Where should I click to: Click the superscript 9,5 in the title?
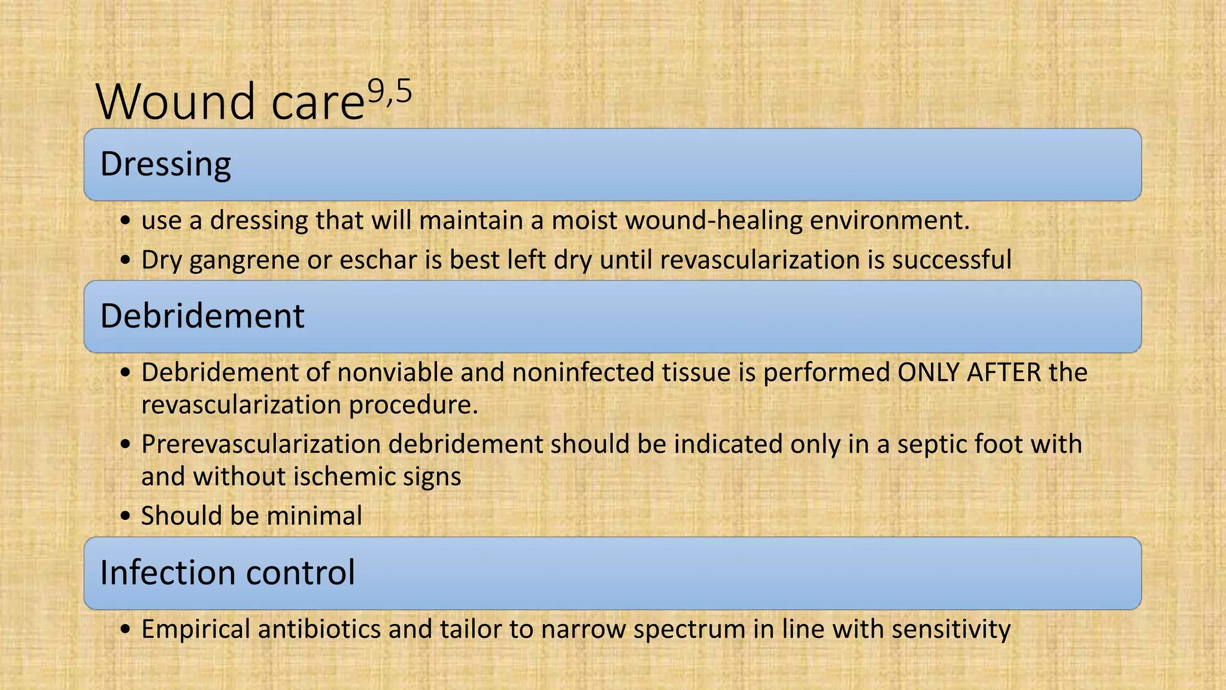(390, 93)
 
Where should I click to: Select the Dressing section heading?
(165, 164)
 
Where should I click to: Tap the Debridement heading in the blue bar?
(202, 316)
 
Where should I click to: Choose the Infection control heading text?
(227, 572)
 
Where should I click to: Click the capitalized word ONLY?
(928, 373)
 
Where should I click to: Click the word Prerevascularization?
(261, 444)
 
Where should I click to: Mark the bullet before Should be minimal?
(125, 516)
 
